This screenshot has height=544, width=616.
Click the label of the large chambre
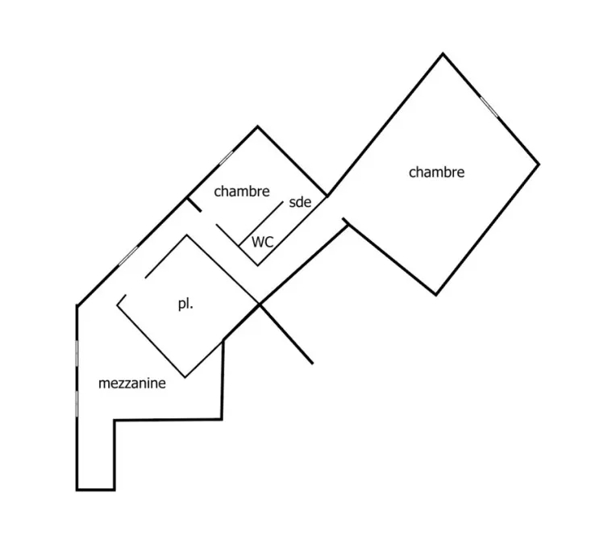tap(436, 172)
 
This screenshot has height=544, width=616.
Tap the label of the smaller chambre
tap(242, 191)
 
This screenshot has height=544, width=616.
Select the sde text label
tap(300, 202)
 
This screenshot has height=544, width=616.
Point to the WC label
tap(262, 242)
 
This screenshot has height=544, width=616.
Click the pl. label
tap(185, 304)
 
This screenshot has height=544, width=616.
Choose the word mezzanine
tap(132, 383)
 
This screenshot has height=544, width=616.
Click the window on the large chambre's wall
tap(489, 106)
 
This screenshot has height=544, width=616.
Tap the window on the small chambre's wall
tap(227, 158)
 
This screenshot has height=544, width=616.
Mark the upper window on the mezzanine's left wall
tap(77, 353)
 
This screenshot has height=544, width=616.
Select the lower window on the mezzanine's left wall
tap(77, 404)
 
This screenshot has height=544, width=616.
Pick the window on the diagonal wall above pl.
tap(128, 255)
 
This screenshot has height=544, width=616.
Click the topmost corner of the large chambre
tap(443, 53)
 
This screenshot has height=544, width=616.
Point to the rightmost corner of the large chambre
tap(539, 164)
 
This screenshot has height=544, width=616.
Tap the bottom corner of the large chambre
tap(435, 295)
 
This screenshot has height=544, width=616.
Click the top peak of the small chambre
tap(258, 127)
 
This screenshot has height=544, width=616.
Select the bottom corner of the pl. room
tap(185, 377)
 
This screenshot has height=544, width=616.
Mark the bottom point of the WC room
tap(258, 265)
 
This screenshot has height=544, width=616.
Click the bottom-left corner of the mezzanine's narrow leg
tap(77, 490)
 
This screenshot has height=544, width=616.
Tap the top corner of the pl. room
tap(186, 235)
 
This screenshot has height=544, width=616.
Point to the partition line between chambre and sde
tap(261, 224)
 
